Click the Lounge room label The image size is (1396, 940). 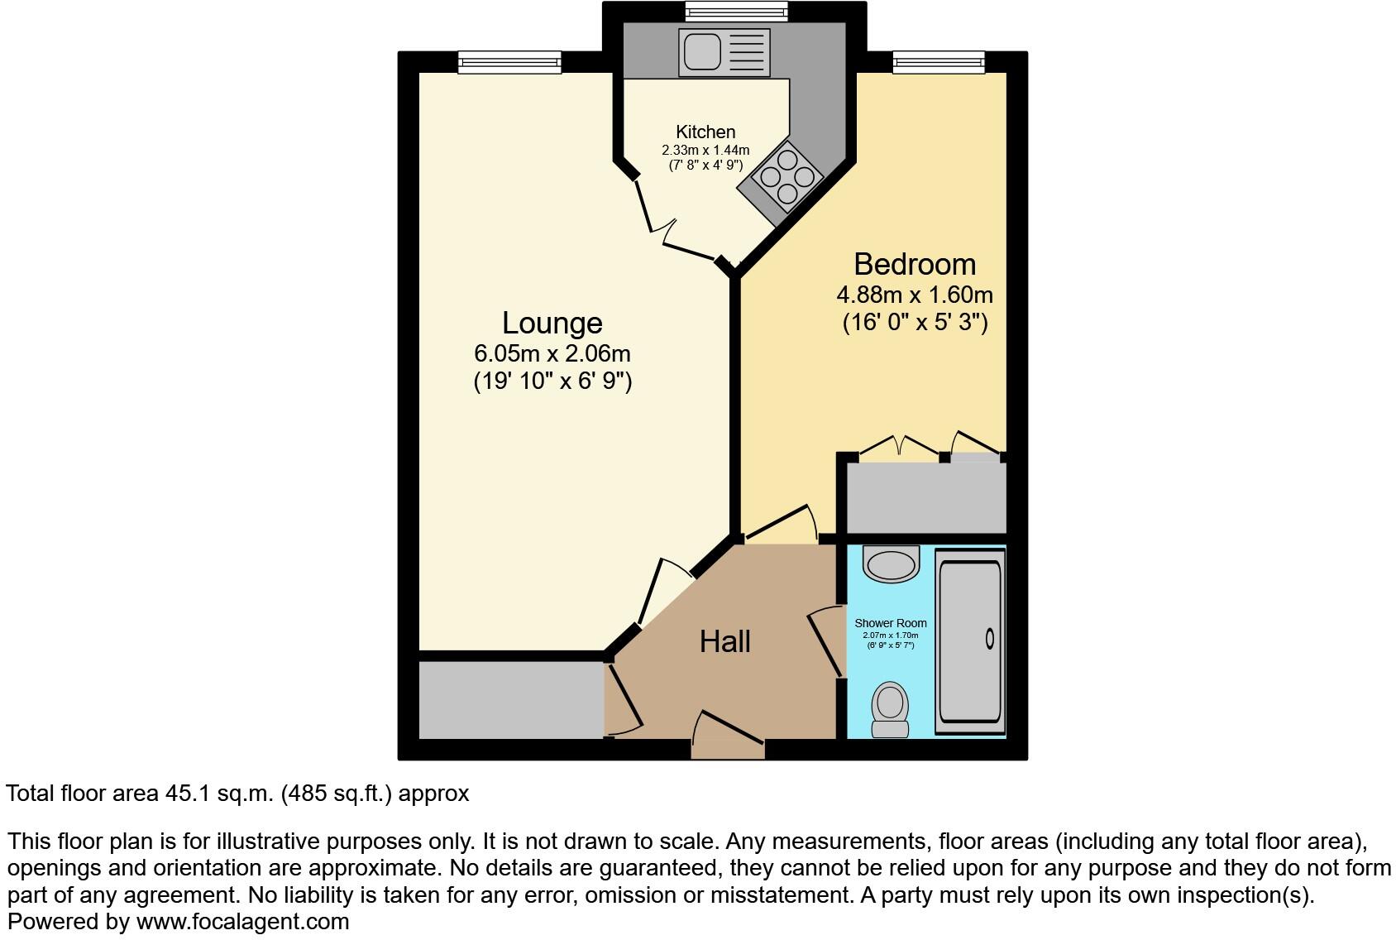[552, 323]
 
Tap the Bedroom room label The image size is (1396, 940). [915, 264]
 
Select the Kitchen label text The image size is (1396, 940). [705, 132]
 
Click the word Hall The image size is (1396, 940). [724, 641]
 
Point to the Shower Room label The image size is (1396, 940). [890, 623]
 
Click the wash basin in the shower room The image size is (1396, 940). [891, 564]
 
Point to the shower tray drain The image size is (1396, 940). [990, 638]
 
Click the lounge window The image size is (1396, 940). [509, 61]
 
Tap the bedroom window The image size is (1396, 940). [939, 61]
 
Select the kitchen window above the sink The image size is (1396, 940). [736, 12]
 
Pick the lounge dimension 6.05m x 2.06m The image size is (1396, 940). [552, 354]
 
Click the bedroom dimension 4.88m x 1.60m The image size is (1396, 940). [915, 295]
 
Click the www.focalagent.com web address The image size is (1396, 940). [242, 921]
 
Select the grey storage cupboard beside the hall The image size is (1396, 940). [510, 699]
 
